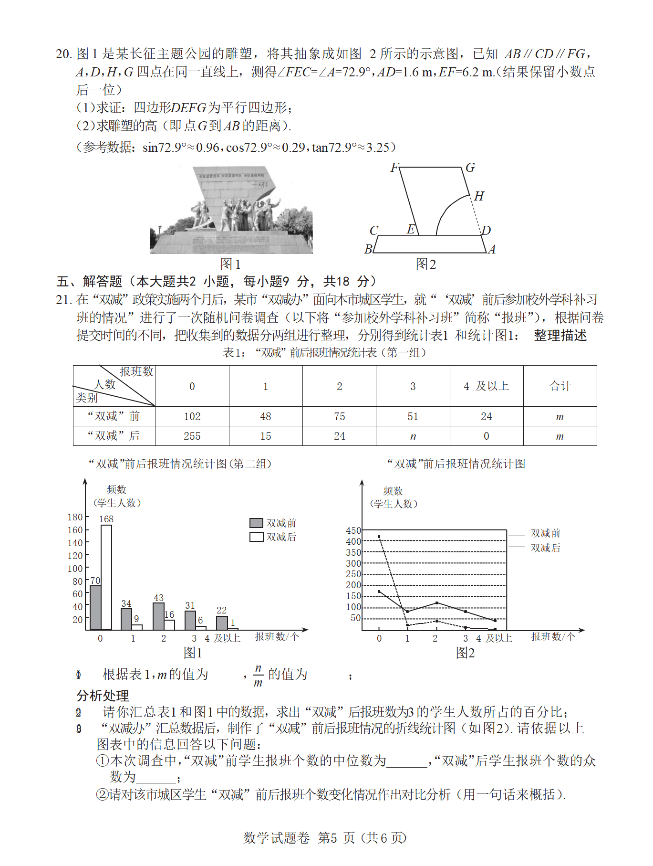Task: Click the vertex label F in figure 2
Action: click(394, 168)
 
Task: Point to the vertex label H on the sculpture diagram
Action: click(479, 196)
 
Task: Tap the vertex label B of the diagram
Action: click(368, 249)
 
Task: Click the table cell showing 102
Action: click(192, 416)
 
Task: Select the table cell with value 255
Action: click(192, 436)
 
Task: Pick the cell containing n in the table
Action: click(413, 436)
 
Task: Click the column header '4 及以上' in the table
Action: click(486, 386)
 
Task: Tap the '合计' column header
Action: click(560, 386)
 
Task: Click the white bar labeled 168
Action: click(106, 577)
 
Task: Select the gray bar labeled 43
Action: click(158, 616)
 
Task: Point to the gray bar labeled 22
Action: click(222, 623)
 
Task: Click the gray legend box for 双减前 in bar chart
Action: click(256, 523)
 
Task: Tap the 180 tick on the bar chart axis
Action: click(75, 517)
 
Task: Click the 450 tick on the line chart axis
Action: click(353, 530)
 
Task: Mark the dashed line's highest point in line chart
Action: click(379, 537)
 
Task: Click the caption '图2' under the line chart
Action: click(465, 653)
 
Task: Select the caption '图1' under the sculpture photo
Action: click(230, 264)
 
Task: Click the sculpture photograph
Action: click(231, 210)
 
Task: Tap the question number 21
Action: click(63, 300)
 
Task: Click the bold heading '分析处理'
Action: click(103, 696)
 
